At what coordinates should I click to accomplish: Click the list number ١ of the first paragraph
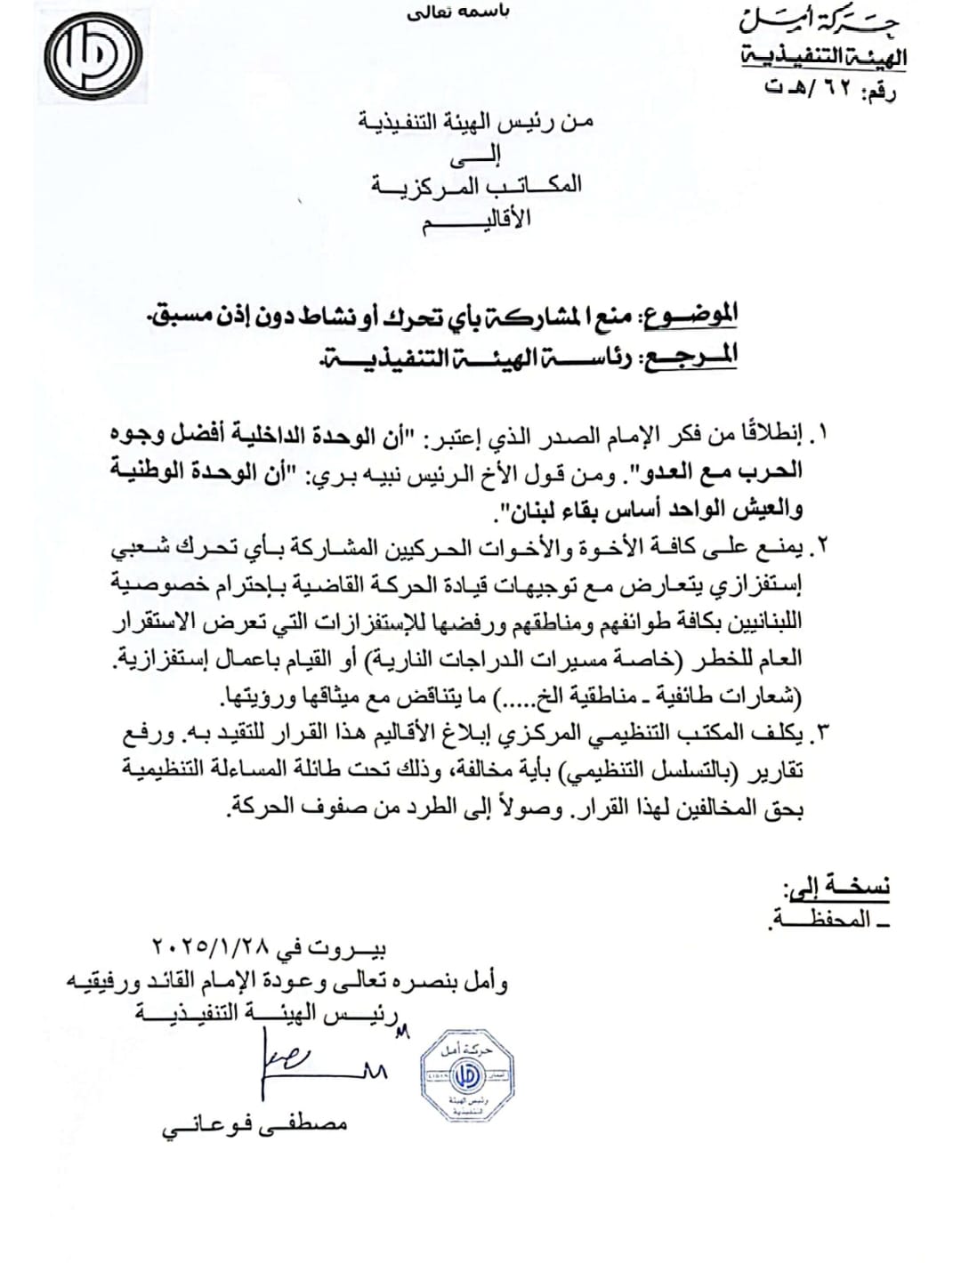click(x=821, y=436)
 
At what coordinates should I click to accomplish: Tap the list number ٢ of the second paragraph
click(x=821, y=552)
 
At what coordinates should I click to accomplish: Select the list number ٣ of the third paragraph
click(x=821, y=734)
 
